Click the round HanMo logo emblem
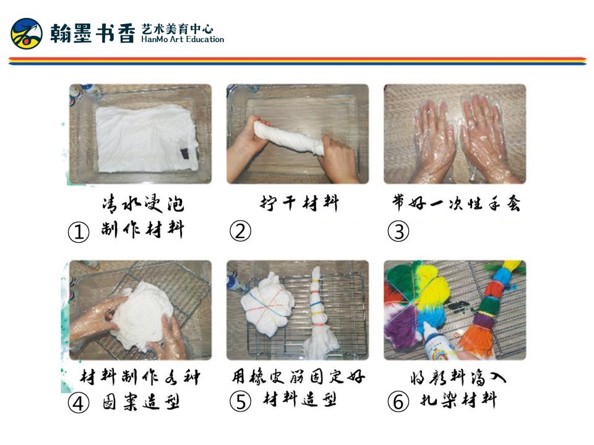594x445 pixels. (27, 33)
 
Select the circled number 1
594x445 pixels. (78, 232)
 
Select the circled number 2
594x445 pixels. (240, 232)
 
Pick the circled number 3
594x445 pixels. (398, 232)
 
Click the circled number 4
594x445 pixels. (78, 403)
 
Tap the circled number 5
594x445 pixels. (240, 402)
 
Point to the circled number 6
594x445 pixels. (398, 402)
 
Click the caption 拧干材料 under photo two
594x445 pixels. (299, 203)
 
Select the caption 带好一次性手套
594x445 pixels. (455, 203)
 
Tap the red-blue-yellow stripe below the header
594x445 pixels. (297, 61)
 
